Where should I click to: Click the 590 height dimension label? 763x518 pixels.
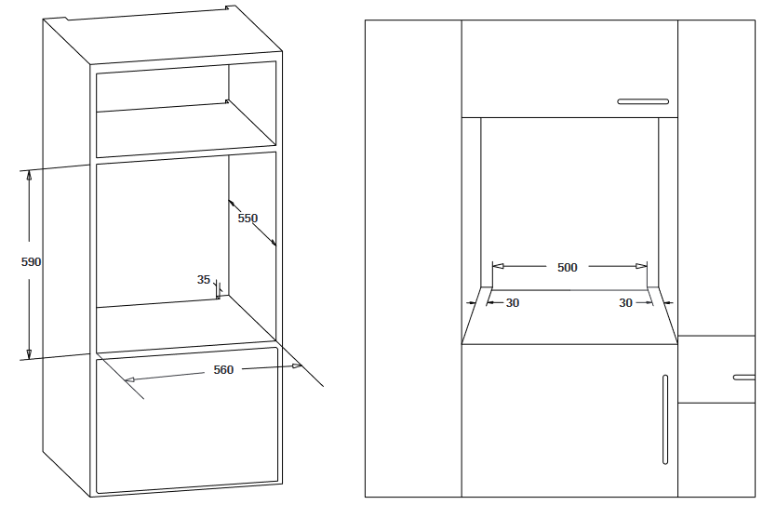pos(31,261)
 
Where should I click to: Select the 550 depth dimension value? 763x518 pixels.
pos(248,218)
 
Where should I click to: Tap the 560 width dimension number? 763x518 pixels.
pos(223,369)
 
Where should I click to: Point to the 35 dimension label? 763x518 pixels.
pos(204,279)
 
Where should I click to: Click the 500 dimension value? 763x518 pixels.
pos(567,267)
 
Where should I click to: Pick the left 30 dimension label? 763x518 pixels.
pos(513,302)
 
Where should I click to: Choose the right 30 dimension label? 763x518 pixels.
pos(625,302)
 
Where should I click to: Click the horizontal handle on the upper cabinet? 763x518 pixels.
pos(643,101)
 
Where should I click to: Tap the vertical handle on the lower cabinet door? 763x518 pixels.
pos(665,419)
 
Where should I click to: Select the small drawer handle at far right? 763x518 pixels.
pos(744,378)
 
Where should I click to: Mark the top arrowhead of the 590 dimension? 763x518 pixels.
pos(29,175)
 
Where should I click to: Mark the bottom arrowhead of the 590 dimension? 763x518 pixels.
pos(29,354)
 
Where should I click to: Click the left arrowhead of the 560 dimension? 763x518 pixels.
pos(130,379)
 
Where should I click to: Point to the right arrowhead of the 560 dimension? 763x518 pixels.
pos(296,365)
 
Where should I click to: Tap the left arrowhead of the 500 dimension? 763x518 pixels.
pos(499,266)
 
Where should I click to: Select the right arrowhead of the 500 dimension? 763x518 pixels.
pos(641,266)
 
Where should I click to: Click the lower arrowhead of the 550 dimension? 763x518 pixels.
pos(273,242)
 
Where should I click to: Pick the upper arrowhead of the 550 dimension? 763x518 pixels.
pos(232,204)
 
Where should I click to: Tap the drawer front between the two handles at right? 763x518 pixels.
pos(716,369)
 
